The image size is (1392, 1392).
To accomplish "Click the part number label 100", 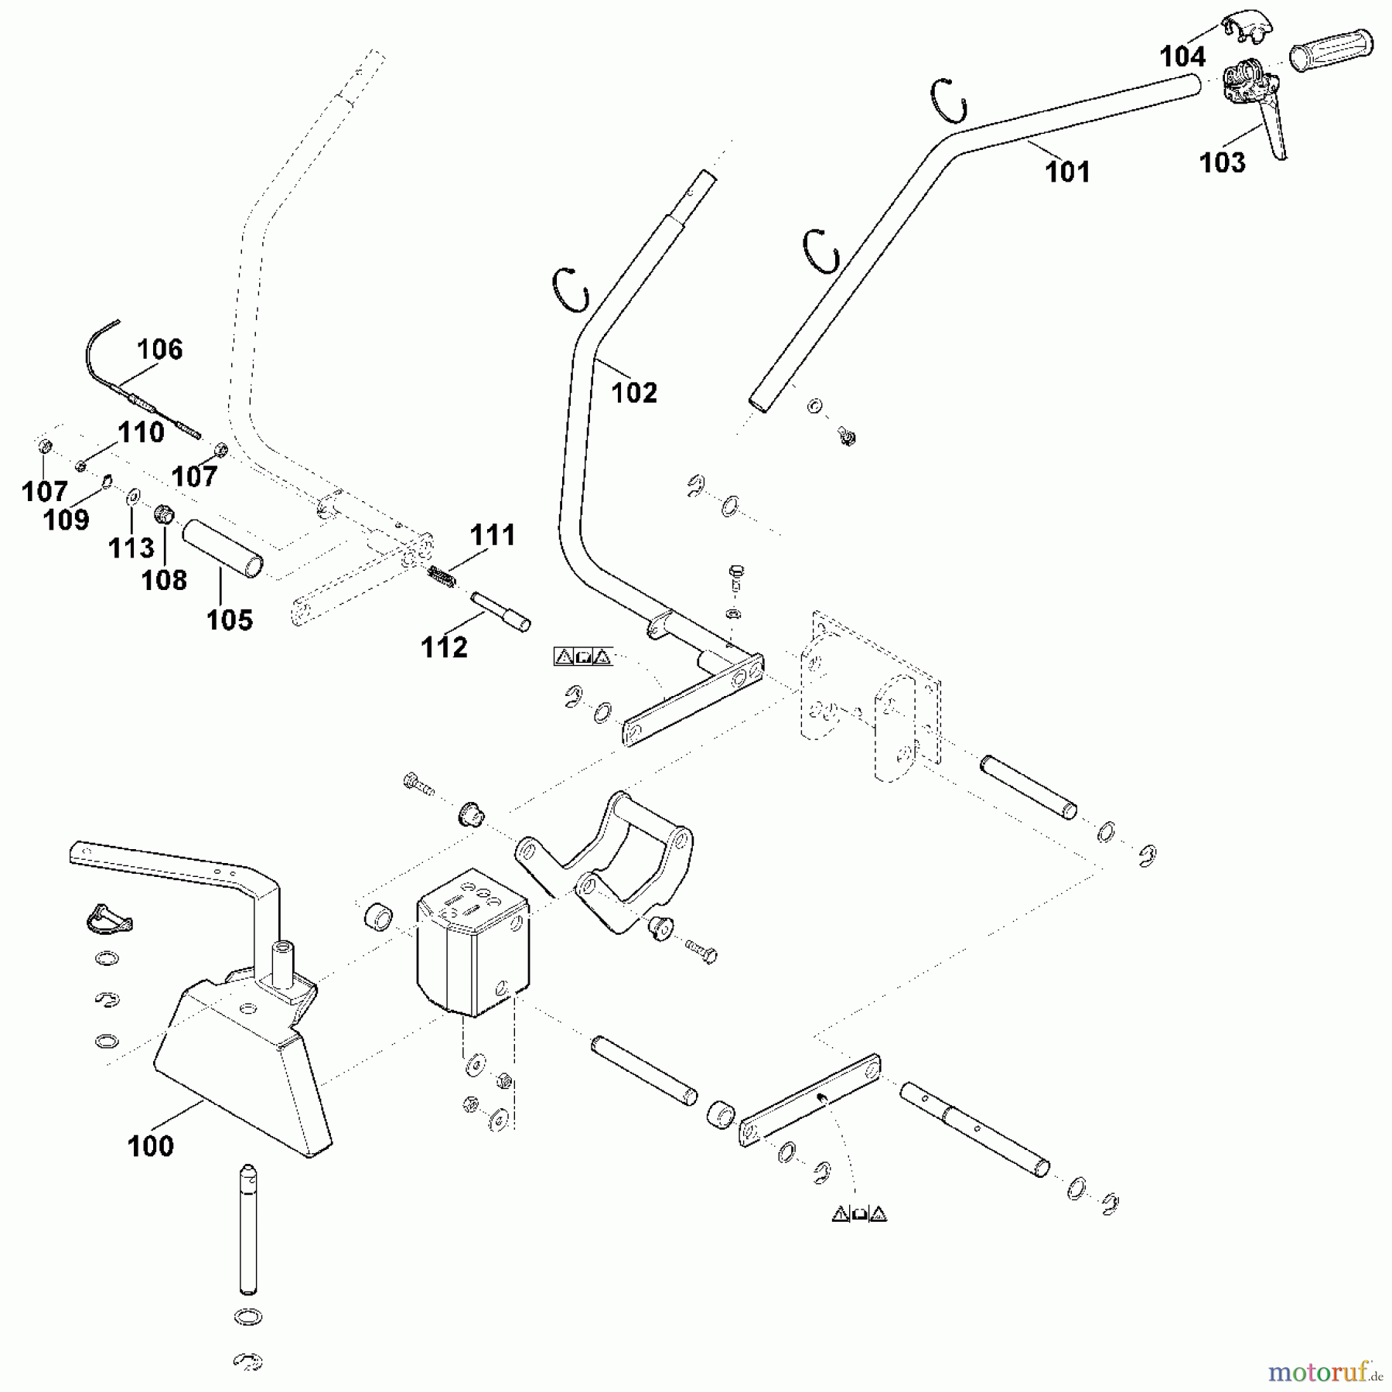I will pyautogui.click(x=151, y=1146).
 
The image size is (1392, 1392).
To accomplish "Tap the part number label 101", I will pyautogui.click(x=1067, y=172).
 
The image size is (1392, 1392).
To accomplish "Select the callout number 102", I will pyautogui.click(x=634, y=393).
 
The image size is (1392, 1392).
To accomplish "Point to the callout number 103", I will pyautogui.click(x=1222, y=162).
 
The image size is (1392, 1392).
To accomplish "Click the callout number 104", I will pyautogui.click(x=1182, y=56).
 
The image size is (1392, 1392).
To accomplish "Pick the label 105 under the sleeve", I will pyautogui.click(x=230, y=619).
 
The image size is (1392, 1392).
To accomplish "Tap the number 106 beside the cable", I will pyautogui.click(x=160, y=350).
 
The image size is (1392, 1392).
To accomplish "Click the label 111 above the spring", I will pyautogui.click(x=493, y=534).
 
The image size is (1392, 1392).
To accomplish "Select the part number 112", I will pyautogui.click(x=444, y=647).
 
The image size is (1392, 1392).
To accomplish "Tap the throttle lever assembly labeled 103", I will pyautogui.click(x=1253, y=101).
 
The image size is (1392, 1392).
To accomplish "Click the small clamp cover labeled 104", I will pyautogui.click(x=1245, y=28).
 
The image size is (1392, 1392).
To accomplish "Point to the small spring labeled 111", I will pyautogui.click(x=441, y=577).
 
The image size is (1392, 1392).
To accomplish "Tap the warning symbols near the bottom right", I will pyautogui.click(x=859, y=1214).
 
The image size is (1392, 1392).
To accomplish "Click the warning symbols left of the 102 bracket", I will pyautogui.click(x=583, y=657).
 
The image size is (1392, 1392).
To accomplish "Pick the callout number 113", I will pyautogui.click(x=131, y=548).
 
